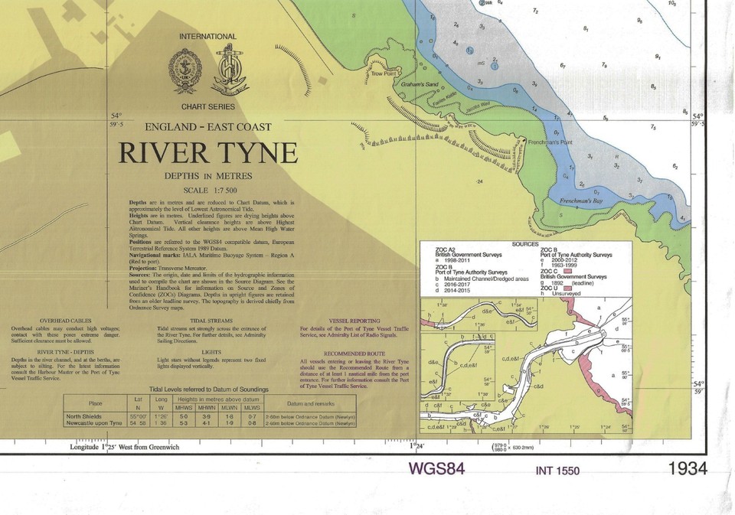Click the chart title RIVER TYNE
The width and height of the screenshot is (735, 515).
coord(207,153)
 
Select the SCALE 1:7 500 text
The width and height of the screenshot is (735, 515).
coord(207,190)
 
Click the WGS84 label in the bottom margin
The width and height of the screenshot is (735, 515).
coord(437,468)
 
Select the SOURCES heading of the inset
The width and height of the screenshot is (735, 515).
coord(524,243)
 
